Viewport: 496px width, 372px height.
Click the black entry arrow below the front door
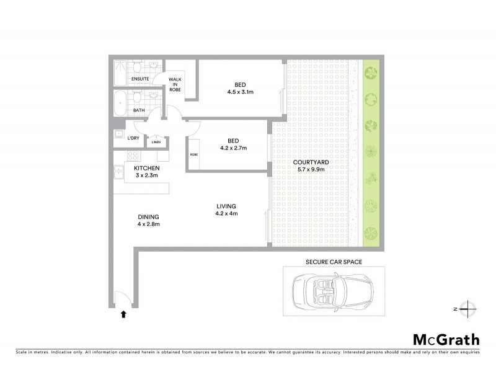[123, 314]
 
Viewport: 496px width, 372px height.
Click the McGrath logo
[446, 339]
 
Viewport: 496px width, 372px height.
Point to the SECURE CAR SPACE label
[334, 262]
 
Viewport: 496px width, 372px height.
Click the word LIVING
[226, 206]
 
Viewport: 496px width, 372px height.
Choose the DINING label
[149, 217]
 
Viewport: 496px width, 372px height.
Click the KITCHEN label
[146, 168]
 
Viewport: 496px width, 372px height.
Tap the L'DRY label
[133, 138]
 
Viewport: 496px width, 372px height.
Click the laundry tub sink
[118, 134]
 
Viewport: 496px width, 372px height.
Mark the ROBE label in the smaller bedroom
[193, 154]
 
